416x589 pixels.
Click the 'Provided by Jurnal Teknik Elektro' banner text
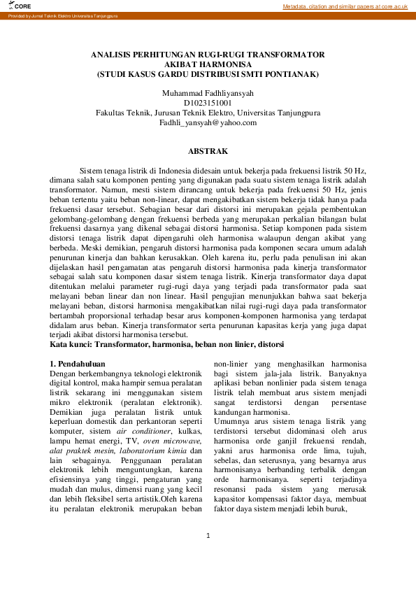(x=63, y=15)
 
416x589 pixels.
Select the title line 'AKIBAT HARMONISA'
(x=208, y=63)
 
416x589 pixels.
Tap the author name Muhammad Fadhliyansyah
(x=208, y=92)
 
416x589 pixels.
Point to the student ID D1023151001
(x=208, y=102)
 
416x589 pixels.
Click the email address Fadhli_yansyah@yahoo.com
(x=208, y=122)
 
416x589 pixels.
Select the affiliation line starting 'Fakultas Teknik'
(x=208, y=112)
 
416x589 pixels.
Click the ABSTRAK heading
(x=208, y=150)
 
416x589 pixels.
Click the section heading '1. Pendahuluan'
(x=77, y=364)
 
